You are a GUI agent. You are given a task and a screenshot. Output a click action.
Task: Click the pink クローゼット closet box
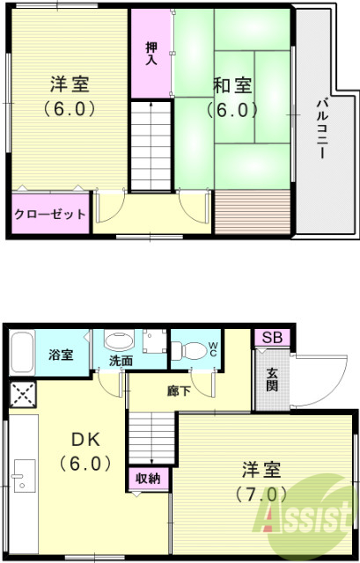tap(50, 214)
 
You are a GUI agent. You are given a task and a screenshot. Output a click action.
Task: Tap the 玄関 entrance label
tap(272, 379)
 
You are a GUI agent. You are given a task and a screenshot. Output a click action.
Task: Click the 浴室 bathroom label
tap(61, 355)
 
